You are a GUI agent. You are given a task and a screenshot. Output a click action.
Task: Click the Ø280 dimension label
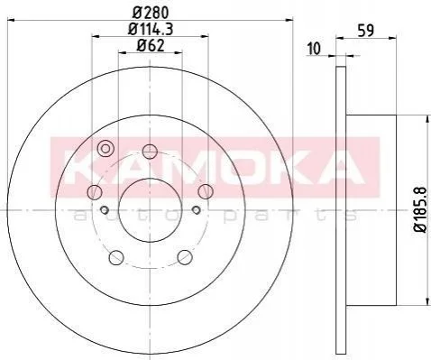click(x=151, y=13)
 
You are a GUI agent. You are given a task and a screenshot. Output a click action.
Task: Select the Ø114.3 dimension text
click(x=151, y=30)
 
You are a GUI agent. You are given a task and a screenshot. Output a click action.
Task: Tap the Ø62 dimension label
click(x=151, y=46)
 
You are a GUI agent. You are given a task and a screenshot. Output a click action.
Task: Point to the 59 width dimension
click(x=366, y=31)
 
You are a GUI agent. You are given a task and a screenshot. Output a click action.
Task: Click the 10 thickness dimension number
click(x=314, y=49)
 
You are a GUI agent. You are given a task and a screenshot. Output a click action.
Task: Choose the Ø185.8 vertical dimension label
click(x=419, y=209)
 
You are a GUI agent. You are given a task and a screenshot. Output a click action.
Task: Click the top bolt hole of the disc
click(x=150, y=152)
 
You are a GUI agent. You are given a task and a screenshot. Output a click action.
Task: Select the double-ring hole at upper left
click(x=105, y=149)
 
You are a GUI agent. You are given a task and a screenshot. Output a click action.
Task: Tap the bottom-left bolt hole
click(x=116, y=257)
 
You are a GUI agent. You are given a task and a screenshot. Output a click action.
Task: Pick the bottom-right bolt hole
click(x=185, y=257)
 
